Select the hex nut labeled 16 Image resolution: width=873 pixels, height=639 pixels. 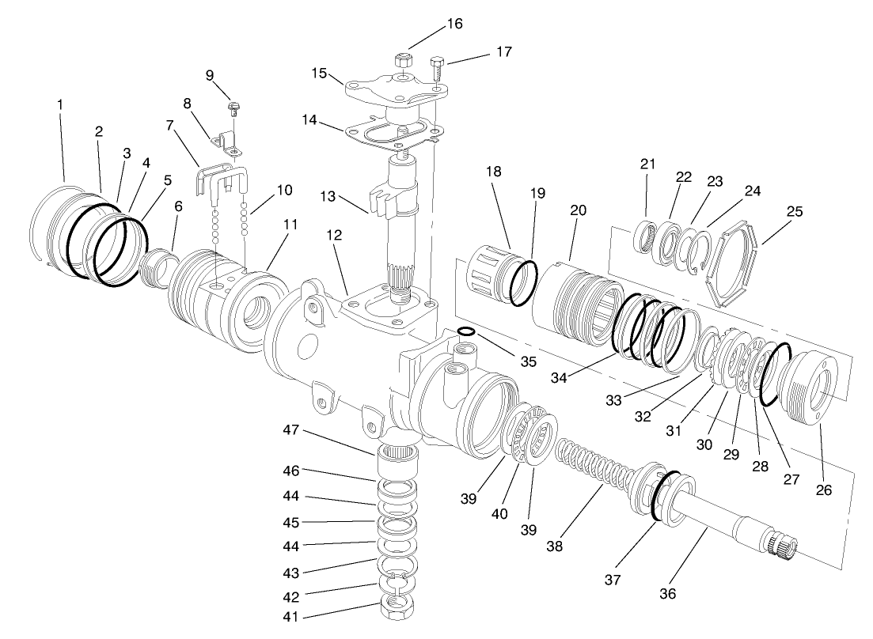point(402,61)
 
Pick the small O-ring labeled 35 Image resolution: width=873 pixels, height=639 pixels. point(466,332)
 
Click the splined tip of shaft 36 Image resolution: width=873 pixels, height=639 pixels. point(782,545)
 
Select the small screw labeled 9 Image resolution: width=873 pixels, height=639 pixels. point(233,109)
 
